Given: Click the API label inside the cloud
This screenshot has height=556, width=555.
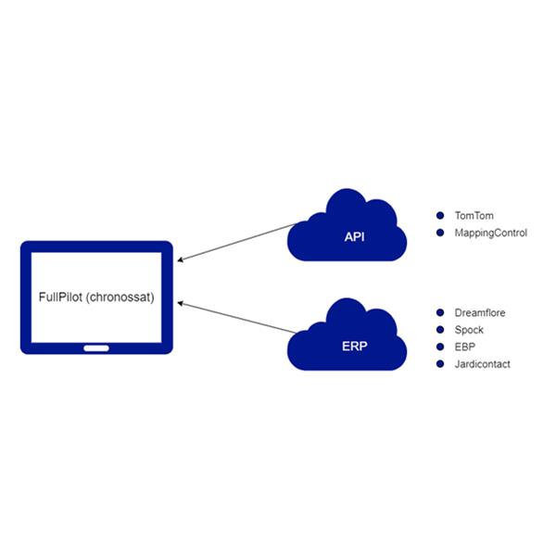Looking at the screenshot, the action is (354, 237).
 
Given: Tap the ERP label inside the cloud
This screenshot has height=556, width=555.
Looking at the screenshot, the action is (354, 346).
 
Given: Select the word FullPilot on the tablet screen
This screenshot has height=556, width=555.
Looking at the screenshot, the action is (60, 297).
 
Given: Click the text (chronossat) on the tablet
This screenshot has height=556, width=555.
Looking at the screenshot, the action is (120, 297).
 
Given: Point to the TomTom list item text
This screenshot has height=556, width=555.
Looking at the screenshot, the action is (473, 216).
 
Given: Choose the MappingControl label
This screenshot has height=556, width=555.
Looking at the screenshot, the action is (491, 233).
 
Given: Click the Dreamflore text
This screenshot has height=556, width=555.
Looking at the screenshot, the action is (480, 313).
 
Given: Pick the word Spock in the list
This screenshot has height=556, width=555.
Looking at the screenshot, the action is (469, 330).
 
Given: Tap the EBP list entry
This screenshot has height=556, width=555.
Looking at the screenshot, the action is (464, 347).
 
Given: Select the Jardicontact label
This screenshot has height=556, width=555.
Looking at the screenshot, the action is (483, 364).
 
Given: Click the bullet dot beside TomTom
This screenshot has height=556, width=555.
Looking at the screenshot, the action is (440, 215).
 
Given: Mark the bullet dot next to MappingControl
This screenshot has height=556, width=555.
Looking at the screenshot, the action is (440, 233).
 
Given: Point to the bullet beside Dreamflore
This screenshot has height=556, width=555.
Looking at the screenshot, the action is (440, 312).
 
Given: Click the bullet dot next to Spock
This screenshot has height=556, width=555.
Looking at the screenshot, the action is (440, 330).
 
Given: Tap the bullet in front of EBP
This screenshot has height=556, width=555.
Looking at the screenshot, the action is (440, 347).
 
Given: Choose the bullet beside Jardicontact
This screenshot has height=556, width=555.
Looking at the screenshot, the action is (440, 364).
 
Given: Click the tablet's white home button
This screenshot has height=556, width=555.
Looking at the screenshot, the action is (96, 348).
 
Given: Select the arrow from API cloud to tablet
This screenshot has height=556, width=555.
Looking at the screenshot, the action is (237, 243).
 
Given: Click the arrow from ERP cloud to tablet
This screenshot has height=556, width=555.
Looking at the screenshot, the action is (237, 318).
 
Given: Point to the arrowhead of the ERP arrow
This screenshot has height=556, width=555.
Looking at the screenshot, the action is (180, 303).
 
